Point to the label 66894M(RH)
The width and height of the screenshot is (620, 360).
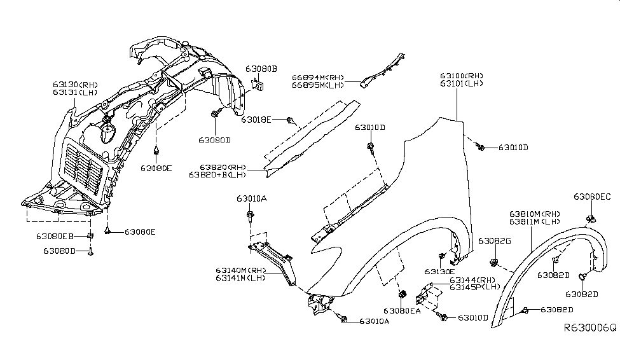(x=318, y=77)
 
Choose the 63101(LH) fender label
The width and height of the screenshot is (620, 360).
(x=461, y=84)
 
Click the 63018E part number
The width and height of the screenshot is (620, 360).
(x=256, y=119)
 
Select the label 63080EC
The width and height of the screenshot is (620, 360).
(x=592, y=197)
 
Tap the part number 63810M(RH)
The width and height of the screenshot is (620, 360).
(x=534, y=214)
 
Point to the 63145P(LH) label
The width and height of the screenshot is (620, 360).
(x=473, y=287)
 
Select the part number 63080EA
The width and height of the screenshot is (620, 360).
(x=402, y=311)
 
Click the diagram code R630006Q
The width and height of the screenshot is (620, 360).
(x=589, y=328)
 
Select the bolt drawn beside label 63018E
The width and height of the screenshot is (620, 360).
(x=290, y=120)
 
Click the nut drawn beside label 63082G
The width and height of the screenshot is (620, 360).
(x=493, y=263)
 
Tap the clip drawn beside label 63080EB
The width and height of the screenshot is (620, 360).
(x=90, y=236)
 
